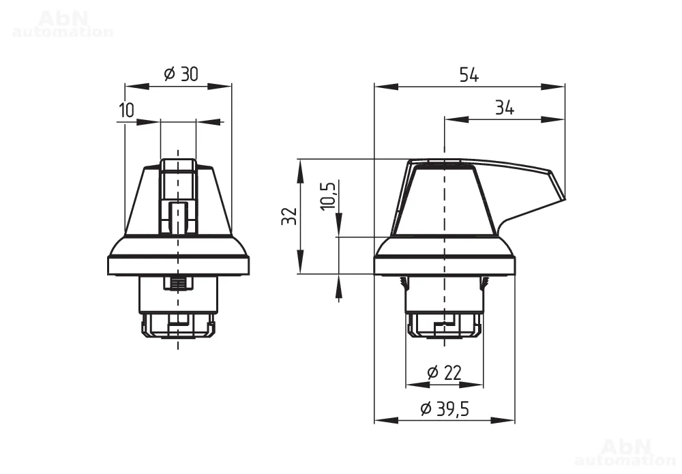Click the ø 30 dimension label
click(x=181, y=74)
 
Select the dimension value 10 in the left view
click(x=127, y=110)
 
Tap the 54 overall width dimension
click(x=469, y=75)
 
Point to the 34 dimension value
click(x=505, y=107)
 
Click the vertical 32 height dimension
click(x=290, y=216)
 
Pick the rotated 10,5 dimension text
click(x=329, y=195)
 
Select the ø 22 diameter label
click(x=444, y=372)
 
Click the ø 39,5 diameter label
click(x=445, y=409)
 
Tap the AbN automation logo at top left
click(x=63, y=25)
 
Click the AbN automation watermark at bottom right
click(x=625, y=452)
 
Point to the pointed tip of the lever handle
click(x=565, y=199)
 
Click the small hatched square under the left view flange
click(x=178, y=283)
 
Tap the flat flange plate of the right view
click(x=445, y=266)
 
